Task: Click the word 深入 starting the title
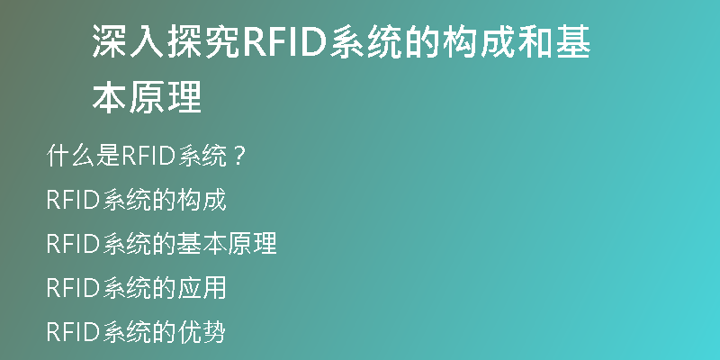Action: [x=129, y=41]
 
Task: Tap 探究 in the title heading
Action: [x=203, y=41]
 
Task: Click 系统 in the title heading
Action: [x=366, y=41]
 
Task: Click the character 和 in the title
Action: [x=535, y=41]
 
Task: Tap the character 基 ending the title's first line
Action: [x=572, y=41]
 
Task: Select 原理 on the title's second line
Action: [x=166, y=97]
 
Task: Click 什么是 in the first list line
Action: [x=83, y=156]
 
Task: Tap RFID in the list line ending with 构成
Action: [x=73, y=200]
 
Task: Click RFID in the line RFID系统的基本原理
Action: [x=73, y=244]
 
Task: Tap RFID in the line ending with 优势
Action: [x=73, y=332]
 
